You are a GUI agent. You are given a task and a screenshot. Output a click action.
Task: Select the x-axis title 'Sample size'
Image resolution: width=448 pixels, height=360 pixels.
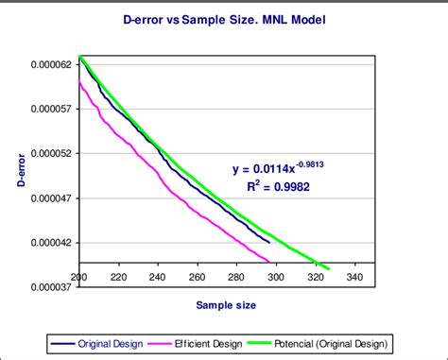tap(225, 305)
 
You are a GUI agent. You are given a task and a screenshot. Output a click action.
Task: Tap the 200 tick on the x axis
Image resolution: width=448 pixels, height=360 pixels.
tap(79, 278)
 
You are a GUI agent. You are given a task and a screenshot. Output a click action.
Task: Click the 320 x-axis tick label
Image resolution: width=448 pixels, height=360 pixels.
tap(315, 278)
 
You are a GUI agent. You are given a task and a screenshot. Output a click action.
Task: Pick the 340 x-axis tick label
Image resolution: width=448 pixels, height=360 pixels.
tap(354, 278)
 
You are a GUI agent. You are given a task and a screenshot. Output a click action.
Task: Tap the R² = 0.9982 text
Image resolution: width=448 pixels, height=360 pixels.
tap(278, 187)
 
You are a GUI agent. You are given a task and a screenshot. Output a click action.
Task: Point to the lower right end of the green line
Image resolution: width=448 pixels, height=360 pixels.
tap(328, 269)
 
